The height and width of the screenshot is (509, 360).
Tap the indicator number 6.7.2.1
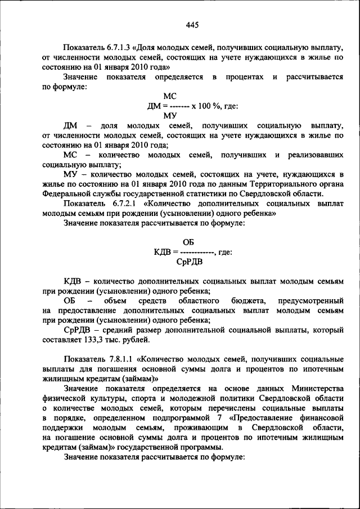119,204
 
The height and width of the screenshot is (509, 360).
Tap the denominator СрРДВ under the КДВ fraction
188,262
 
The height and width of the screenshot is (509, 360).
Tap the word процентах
242,76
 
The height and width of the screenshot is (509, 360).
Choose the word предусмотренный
310,301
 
